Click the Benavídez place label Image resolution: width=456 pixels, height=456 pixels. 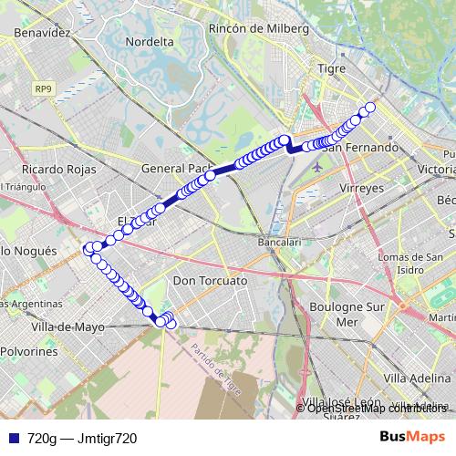(42, 32)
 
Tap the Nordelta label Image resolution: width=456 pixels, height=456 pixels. (150, 42)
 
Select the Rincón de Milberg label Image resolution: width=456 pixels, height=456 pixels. (258, 29)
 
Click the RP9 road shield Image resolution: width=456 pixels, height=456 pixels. (43, 88)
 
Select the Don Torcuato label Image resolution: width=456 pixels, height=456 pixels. (210, 281)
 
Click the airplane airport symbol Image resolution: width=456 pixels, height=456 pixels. (317, 167)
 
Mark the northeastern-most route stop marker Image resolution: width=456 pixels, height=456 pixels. (370, 108)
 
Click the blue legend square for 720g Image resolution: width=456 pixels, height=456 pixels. (11, 438)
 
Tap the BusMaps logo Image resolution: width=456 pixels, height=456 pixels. (411, 437)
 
